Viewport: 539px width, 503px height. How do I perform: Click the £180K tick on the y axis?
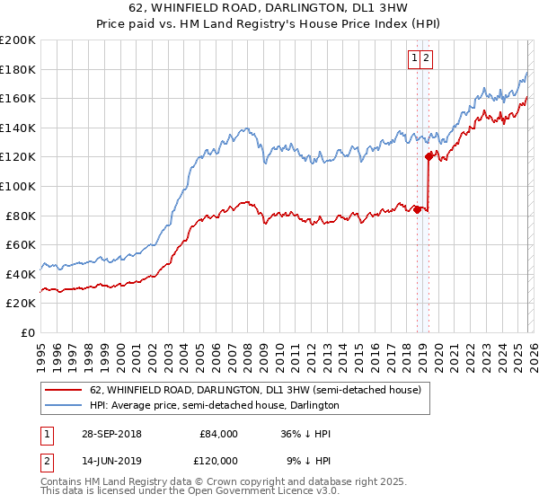pyautogui.click(x=18, y=69)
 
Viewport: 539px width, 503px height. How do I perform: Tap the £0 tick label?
pyautogui.click(x=28, y=332)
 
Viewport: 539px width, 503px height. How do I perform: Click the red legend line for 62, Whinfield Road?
pyautogui.click(x=65, y=390)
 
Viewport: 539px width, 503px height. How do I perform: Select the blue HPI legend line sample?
pyautogui.click(x=65, y=405)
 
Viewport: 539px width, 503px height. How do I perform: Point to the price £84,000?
pyautogui.click(x=218, y=434)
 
